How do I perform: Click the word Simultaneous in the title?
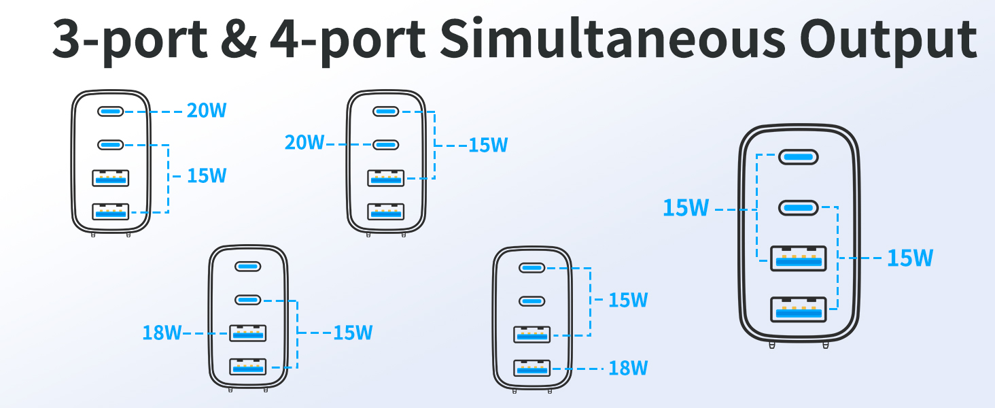point(613,39)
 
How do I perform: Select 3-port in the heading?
point(130,41)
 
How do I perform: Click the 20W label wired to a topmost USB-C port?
point(207,111)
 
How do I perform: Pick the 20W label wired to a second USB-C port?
point(304,143)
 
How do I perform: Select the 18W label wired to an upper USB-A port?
point(162,333)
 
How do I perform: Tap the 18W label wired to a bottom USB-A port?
point(628,368)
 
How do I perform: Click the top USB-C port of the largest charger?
point(798,157)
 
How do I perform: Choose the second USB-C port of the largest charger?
point(798,207)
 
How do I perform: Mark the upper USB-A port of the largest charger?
point(798,258)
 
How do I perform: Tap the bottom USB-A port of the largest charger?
point(798,309)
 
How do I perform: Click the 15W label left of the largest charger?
point(686,208)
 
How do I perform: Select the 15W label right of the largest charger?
point(910,258)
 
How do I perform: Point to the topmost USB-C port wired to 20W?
point(110,111)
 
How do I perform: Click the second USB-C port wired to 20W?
point(385,145)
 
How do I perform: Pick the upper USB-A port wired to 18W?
point(248,333)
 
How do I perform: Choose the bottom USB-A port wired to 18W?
point(531,368)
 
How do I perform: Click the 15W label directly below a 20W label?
point(207,176)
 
